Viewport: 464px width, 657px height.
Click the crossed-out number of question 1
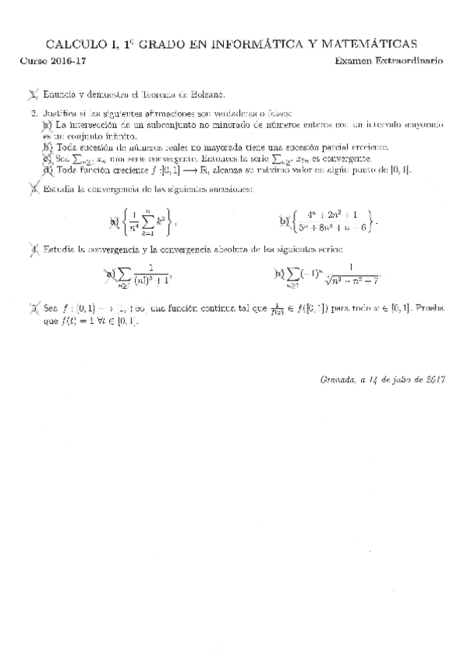point(32,95)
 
